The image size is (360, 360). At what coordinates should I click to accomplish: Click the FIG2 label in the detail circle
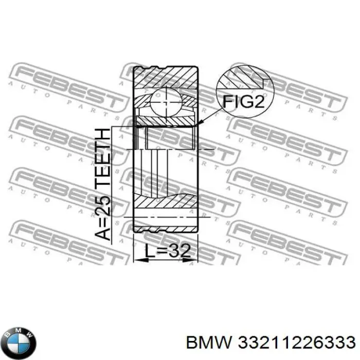(243, 102)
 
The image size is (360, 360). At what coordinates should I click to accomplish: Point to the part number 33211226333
(295, 341)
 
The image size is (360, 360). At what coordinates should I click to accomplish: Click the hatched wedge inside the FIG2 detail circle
(246, 78)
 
